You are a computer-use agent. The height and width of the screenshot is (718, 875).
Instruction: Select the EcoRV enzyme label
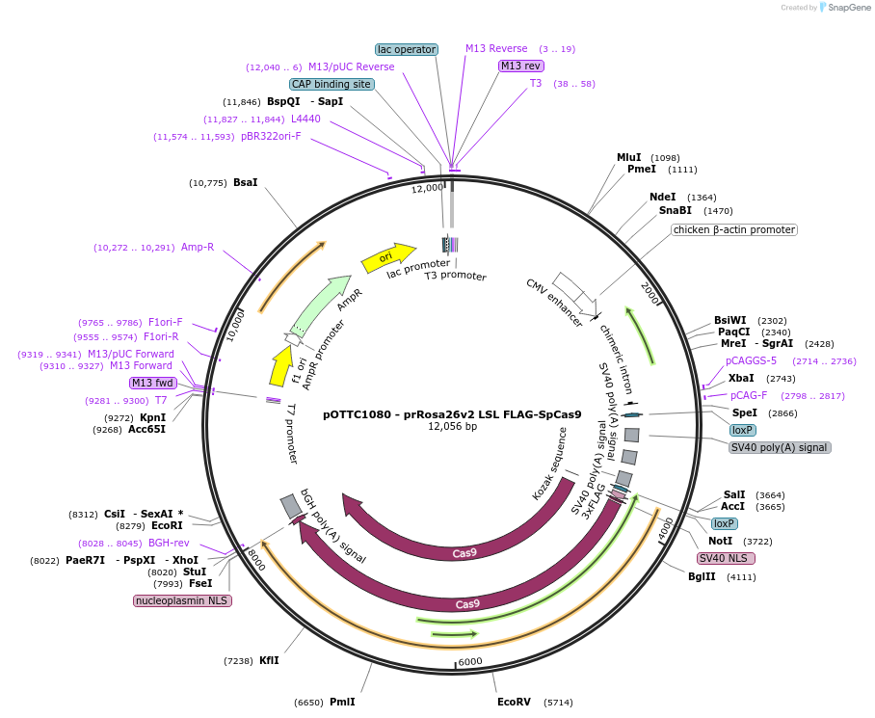click(x=514, y=703)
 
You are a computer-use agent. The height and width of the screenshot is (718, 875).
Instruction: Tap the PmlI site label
click(x=342, y=702)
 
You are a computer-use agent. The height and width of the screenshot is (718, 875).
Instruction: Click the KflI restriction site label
click(x=269, y=660)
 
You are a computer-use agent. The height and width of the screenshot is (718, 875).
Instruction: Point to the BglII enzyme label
click(x=702, y=576)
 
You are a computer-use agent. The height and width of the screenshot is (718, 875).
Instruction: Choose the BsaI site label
click(x=246, y=182)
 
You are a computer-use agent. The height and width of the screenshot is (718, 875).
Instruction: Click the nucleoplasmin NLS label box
click(x=183, y=600)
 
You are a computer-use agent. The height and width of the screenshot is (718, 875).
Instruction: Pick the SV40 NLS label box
click(x=726, y=558)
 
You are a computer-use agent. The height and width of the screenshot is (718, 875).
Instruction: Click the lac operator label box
click(x=407, y=49)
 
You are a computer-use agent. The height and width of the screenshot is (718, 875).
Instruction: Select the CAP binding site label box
click(x=331, y=84)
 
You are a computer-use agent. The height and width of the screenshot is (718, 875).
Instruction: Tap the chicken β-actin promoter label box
click(x=734, y=229)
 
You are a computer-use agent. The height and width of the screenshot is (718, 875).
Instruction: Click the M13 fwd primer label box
click(x=153, y=383)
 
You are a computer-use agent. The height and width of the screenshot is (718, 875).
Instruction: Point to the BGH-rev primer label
click(x=169, y=543)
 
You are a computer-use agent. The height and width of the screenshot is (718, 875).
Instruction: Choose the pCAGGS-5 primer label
click(x=751, y=360)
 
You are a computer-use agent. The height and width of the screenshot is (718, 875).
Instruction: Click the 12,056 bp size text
click(x=452, y=426)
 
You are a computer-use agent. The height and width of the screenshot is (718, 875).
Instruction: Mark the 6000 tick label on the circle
click(x=469, y=662)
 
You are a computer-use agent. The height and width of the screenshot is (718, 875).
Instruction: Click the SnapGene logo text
click(x=848, y=8)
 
